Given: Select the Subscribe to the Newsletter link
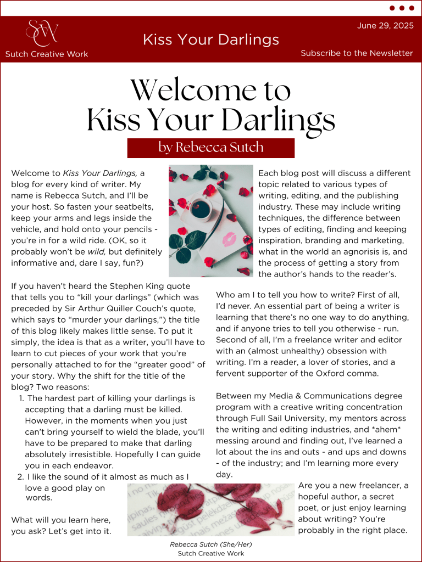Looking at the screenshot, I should coord(357,53).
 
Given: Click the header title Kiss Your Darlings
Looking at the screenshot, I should coord(211,40).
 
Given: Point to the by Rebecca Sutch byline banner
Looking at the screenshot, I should coord(211,148).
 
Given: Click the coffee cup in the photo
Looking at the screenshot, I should coord(201,209).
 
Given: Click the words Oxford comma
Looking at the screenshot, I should coord(345,373).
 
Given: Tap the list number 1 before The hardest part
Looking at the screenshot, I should coord(21,398).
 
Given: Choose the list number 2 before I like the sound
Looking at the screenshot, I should coord(20,477).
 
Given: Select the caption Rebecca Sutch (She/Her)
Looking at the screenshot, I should coord(211,544).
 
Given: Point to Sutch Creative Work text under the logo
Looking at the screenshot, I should coord(47,54).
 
